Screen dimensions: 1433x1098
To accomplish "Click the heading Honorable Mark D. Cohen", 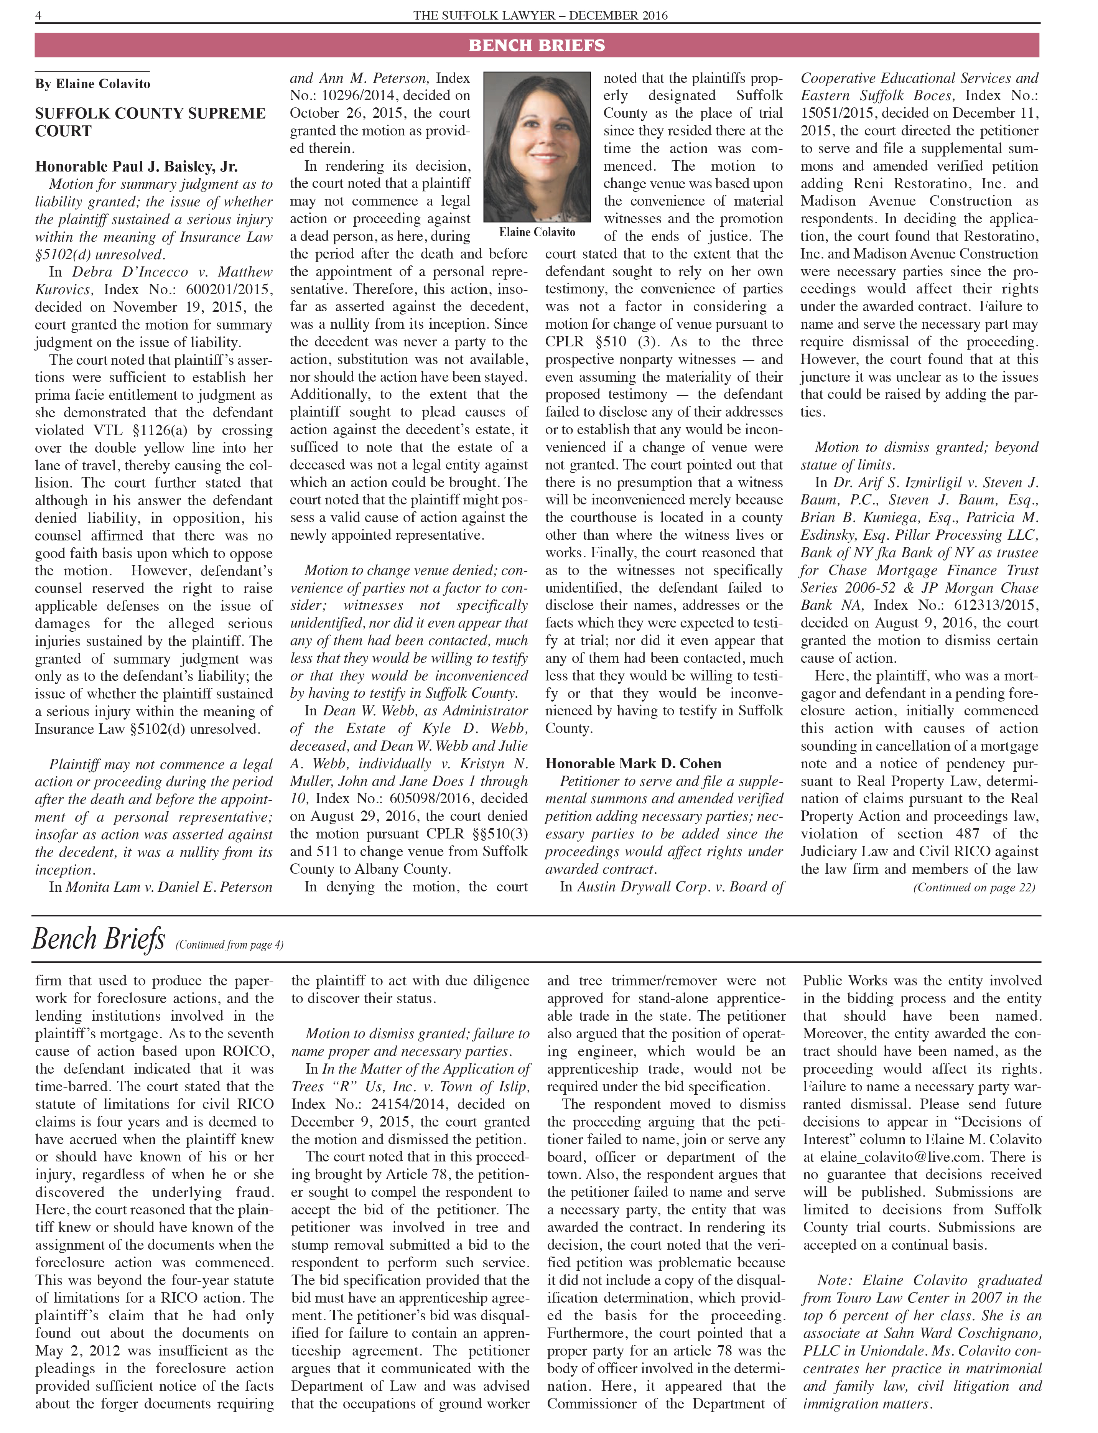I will pos(633,764).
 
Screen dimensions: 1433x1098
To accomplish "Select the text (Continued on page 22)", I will pos(974,887).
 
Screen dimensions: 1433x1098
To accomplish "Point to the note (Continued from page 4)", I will pos(229,945).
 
